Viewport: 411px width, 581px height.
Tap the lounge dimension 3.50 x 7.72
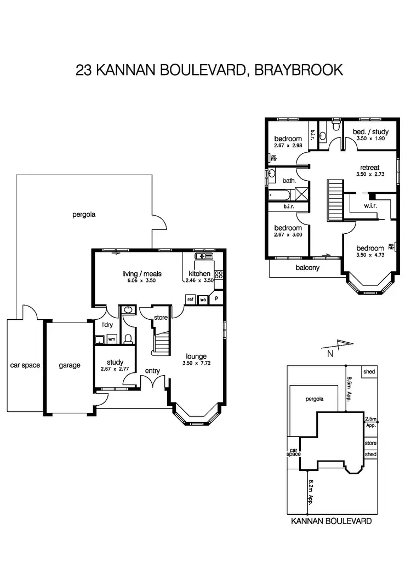(x=195, y=363)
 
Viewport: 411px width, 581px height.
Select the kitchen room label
(x=199, y=274)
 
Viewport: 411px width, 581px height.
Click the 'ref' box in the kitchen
(x=191, y=299)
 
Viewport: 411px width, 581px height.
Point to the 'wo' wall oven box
(x=203, y=299)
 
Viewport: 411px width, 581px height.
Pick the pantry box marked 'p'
(x=216, y=299)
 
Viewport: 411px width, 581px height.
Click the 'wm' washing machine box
(x=111, y=340)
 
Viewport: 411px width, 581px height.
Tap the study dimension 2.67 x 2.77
(x=115, y=370)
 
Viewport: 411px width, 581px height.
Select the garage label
(x=70, y=365)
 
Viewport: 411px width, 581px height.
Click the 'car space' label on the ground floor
(x=25, y=365)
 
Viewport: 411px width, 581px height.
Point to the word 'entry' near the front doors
(x=152, y=371)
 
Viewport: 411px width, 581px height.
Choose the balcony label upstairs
(x=307, y=268)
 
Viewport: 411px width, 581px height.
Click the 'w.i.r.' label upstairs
(x=370, y=206)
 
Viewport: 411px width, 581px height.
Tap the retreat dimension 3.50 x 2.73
(x=370, y=175)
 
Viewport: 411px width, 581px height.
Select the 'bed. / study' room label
(x=367, y=132)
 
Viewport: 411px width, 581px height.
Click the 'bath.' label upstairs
(x=289, y=180)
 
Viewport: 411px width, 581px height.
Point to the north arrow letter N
(x=330, y=354)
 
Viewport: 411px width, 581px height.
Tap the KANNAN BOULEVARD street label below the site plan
(x=332, y=521)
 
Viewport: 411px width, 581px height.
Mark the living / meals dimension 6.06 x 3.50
(x=141, y=280)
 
